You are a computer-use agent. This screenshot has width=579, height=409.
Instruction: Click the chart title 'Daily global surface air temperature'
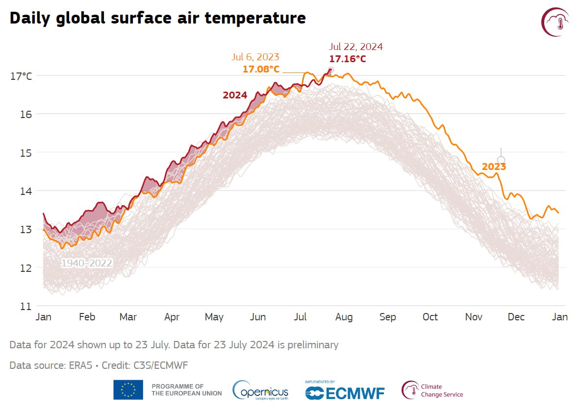pyautogui.click(x=157, y=18)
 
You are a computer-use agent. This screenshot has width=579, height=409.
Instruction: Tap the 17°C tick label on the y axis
pyautogui.click(x=21, y=76)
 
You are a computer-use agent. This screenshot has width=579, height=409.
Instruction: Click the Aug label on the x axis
pyautogui.click(x=344, y=317)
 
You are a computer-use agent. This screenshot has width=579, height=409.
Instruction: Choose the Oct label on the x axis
pyautogui.click(x=430, y=317)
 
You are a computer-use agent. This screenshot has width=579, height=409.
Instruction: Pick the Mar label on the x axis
pyautogui.click(x=128, y=317)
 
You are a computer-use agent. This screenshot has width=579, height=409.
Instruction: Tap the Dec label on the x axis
pyautogui.click(x=516, y=317)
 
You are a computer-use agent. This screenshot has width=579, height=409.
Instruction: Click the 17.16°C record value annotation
pyautogui.click(x=348, y=59)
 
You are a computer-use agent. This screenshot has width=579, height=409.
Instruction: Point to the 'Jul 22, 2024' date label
pyautogui.click(x=356, y=47)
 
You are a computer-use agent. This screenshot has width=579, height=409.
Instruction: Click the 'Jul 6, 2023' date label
pyautogui.click(x=256, y=57)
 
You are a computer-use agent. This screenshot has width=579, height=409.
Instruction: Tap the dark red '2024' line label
pyautogui.click(x=235, y=96)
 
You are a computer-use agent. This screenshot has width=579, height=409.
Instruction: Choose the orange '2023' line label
pyautogui.click(x=494, y=167)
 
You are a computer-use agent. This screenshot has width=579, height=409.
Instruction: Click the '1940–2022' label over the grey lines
pyautogui.click(x=87, y=264)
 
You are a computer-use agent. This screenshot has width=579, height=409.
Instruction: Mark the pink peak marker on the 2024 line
pyautogui.click(x=330, y=70)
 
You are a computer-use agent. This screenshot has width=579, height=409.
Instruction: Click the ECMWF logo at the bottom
pyautogui.click(x=345, y=392)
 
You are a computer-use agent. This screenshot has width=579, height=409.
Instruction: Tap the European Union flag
pyautogui.click(x=128, y=390)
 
